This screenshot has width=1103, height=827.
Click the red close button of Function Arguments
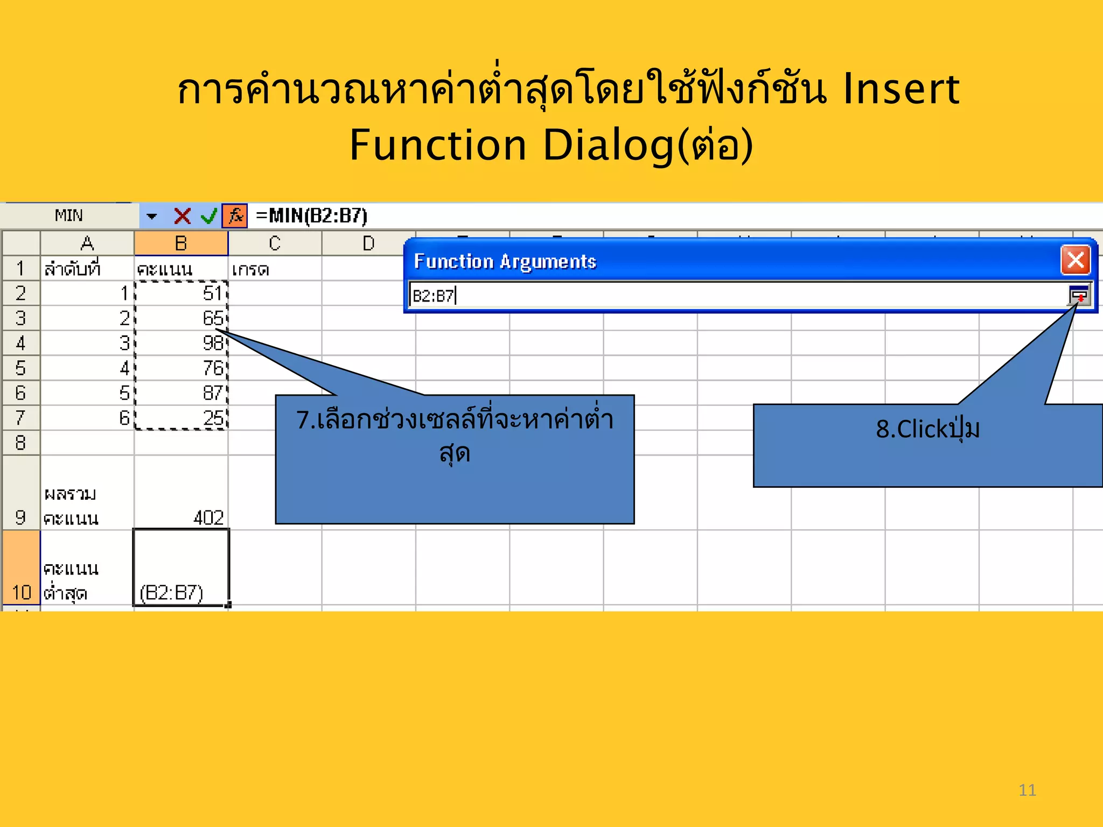(1076, 261)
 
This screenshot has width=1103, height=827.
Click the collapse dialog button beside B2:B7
(1079, 296)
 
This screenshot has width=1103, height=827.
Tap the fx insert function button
(235, 216)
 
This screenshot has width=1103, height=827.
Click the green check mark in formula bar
(208, 216)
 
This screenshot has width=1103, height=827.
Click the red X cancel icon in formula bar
(182, 216)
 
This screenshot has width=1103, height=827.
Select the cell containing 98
(181, 343)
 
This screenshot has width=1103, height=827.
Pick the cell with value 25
(181, 418)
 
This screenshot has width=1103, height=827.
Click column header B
(181, 243)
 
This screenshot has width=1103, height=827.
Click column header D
(368, 243)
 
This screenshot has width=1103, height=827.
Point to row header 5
(20, 368)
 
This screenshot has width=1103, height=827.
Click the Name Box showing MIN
(69, 216)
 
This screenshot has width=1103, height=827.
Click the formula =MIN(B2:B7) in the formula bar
(312, 216)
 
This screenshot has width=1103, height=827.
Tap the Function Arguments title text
(505, 262)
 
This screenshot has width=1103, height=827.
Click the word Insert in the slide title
(901, 89)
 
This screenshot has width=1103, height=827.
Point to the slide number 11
(1027, 790)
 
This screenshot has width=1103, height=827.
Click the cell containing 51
(181, 293)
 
